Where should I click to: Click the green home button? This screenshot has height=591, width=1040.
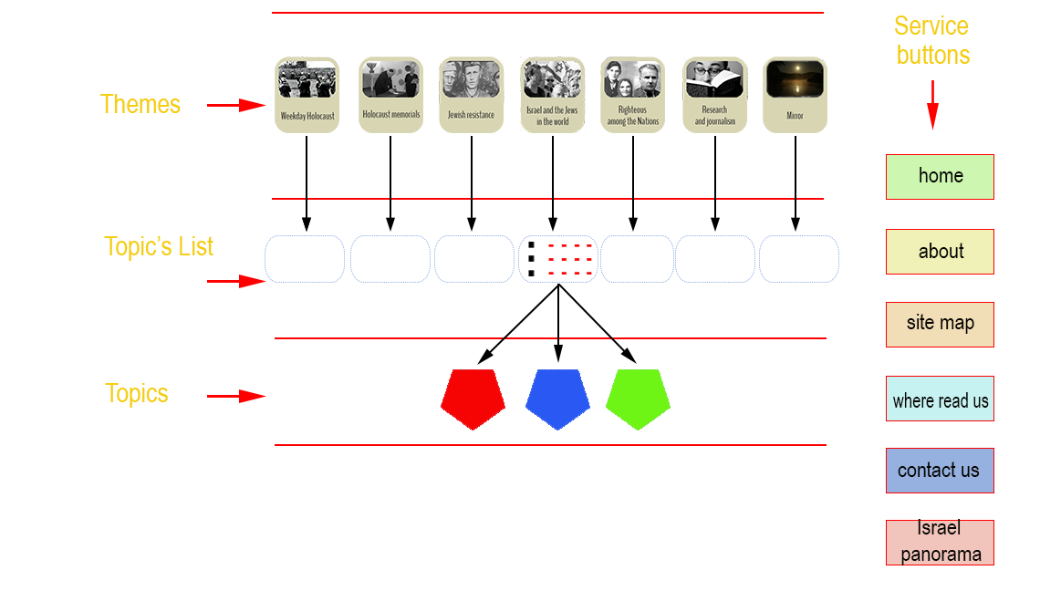tap(940, 176)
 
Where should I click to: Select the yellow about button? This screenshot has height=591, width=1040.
tap(940, 252)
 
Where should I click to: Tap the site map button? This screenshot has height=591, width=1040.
tap(940, 325)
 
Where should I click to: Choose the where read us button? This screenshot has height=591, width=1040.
tap(940, 399)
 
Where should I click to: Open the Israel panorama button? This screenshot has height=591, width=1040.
tap(940, 542)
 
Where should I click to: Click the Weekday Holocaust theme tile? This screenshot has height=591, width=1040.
tap(307, 95)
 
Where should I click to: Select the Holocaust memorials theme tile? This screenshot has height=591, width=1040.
tap(390, 95)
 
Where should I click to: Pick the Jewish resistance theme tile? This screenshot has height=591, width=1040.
tap(471, 95)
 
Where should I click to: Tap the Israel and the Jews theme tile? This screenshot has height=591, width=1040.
tap(553, 95)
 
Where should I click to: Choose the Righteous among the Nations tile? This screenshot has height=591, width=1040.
tap(633, 95)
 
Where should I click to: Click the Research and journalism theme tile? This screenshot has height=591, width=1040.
tap(715, 95)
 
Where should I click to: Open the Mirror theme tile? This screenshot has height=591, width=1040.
tap(796, 95)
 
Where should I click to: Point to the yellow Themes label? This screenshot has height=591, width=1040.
tap(140, 104)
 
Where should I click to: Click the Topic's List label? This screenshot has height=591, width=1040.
tap(159, 247)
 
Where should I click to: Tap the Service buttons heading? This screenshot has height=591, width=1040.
tap(931, 40)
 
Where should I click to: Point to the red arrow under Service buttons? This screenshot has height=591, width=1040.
tap(932, 105)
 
